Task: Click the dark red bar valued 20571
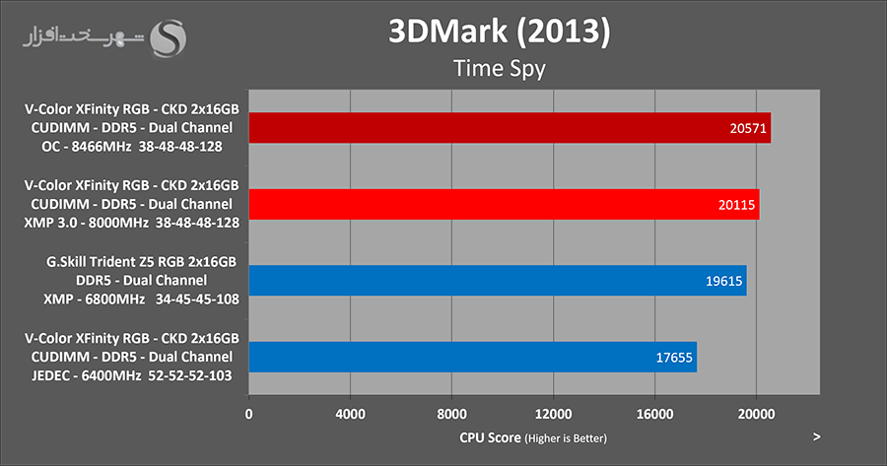pyautogui.click(x=510, y=128)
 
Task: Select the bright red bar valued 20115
pyautogui.click(x=504, y=204)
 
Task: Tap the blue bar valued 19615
pyautogui.click(x=498, y=281)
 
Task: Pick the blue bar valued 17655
pyautogui.click(x=473, y=357)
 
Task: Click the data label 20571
pyautogui.click(x=746, y=128)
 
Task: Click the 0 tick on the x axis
pyautogui.click(x=249, y=415)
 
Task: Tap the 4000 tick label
pyautogui.click(x=351, y=415)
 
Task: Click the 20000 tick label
pyautogui.click(x=756, y=415)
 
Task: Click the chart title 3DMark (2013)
pyautogui.click(x=498, y=32)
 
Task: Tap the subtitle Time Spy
pyautogui.click(x=498, y=69)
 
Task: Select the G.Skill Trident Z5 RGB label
pyautogui.click(x=130, y=261)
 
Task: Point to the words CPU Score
pyautogui.click(x=490, y=436)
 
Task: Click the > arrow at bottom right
pyautogui.click(x=816, y=435)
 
